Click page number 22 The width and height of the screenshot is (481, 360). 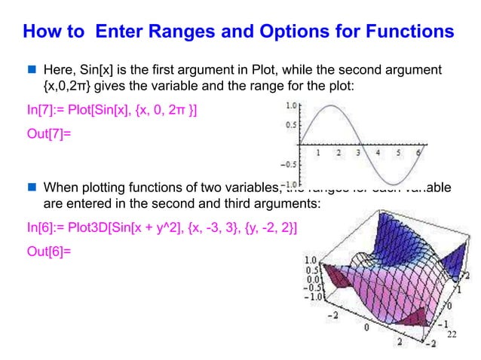coord(452,334)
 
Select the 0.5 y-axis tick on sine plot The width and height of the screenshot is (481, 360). coord(288,125)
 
